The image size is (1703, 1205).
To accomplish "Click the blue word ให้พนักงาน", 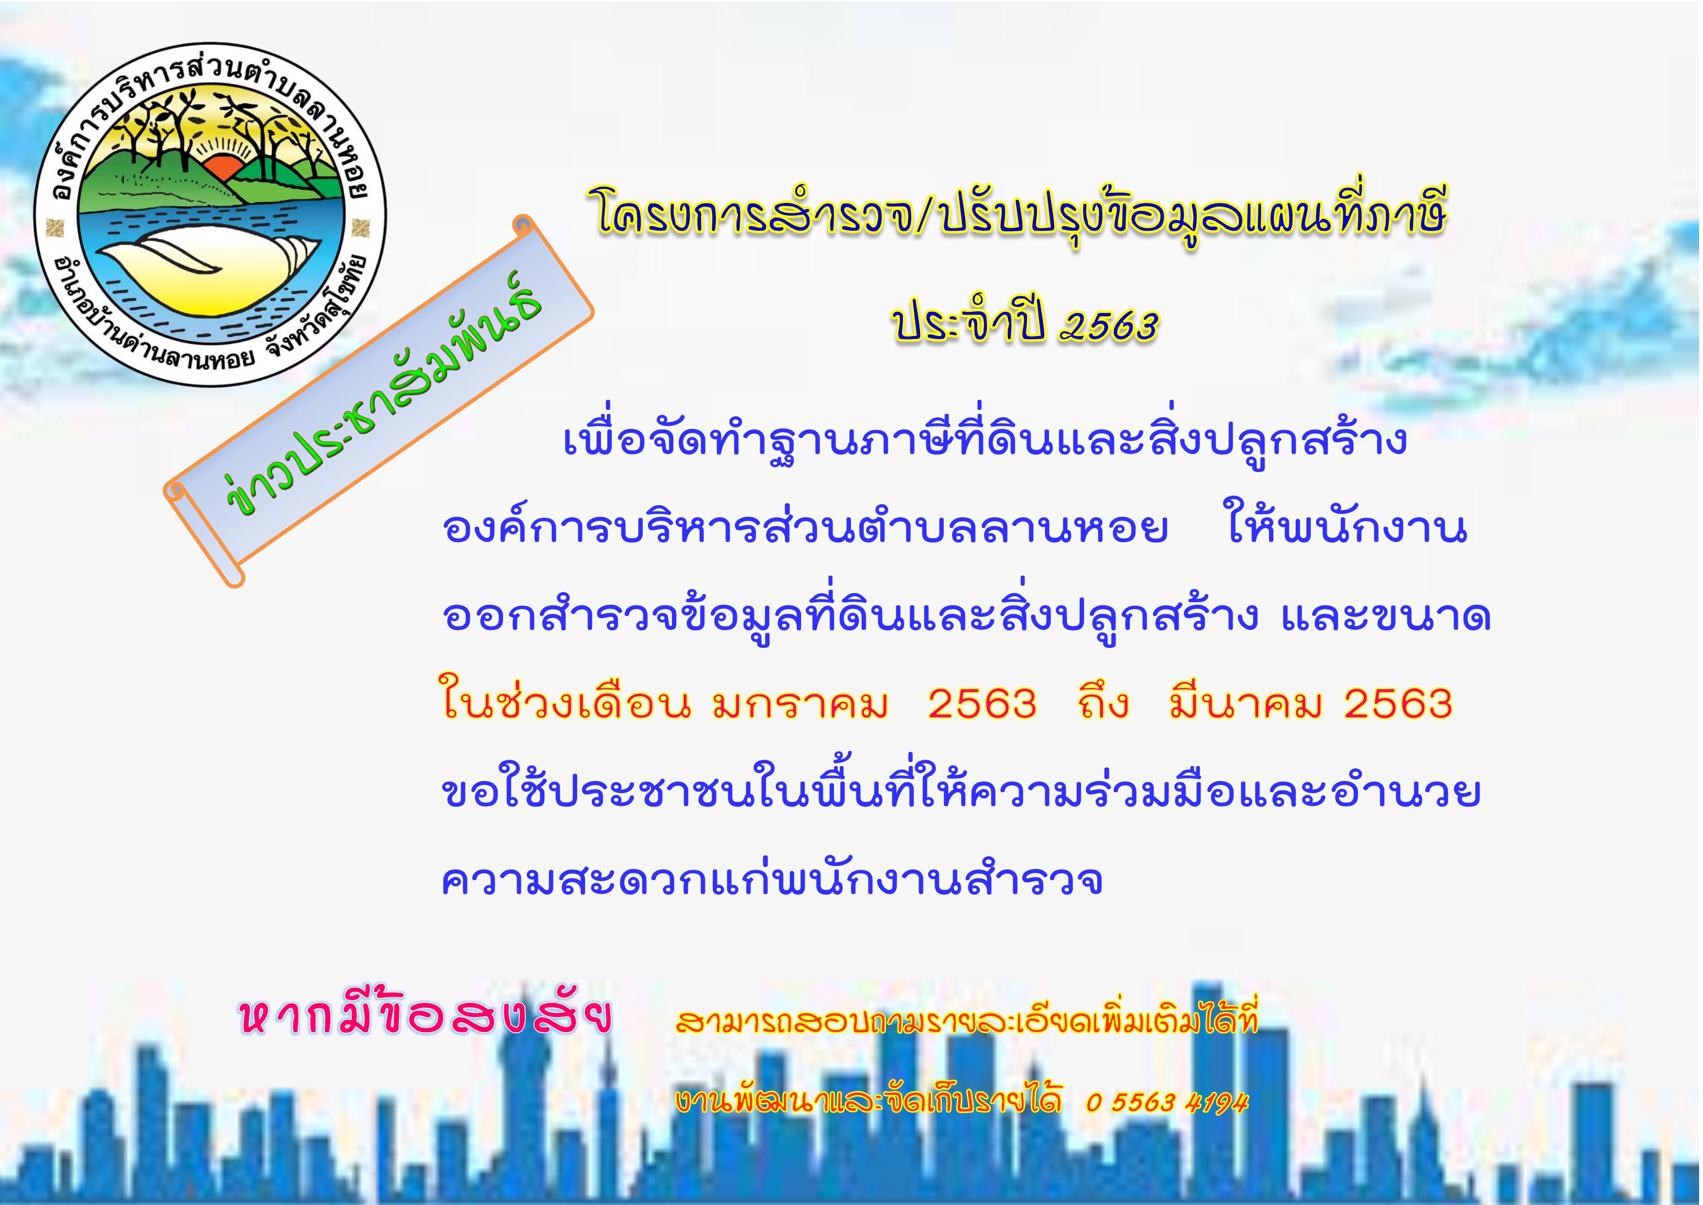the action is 1348,528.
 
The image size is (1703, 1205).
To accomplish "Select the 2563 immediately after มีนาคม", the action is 1398,703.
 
